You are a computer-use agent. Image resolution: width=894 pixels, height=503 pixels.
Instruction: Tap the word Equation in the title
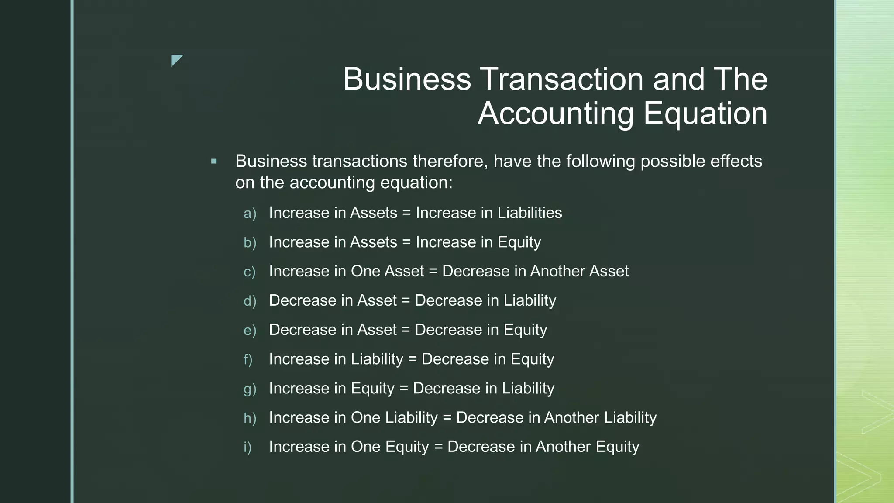[705, 113]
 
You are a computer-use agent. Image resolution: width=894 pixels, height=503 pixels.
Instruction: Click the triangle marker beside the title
[176, 60]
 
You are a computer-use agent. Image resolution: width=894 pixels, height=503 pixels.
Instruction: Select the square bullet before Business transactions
[213, 162]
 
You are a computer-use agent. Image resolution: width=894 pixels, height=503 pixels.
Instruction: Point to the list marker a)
[250, 214]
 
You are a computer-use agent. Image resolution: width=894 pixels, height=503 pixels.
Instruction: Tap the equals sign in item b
[406, 242]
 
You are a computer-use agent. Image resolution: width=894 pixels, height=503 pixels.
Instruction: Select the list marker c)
[249, 272]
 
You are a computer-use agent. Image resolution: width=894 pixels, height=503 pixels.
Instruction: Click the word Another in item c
[557, 271]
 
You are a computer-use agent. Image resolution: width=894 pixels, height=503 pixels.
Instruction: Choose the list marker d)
[250, 301]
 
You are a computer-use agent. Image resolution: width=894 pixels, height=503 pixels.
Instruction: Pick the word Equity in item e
[525, 330]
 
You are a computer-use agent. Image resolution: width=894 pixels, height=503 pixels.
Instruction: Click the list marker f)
[248, 359]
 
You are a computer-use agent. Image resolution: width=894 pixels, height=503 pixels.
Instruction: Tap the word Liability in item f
[377, 359]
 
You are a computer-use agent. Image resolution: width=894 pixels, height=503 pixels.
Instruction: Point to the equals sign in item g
[404, 388]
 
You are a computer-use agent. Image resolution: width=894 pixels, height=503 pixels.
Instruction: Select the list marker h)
[250, 418]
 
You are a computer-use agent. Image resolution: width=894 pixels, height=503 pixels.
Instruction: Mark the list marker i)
[248, 447]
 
